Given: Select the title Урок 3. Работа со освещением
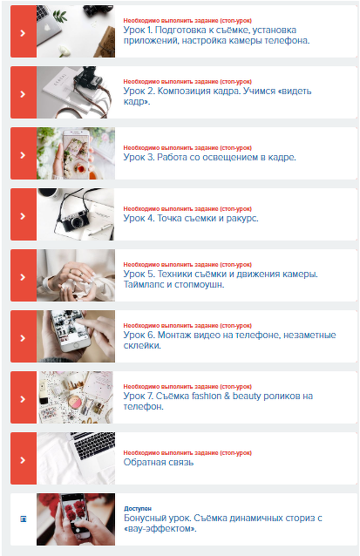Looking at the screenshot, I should (209, 158).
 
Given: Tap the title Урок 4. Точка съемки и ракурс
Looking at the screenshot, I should (191, 219).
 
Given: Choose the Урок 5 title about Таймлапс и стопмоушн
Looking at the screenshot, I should (220, 279).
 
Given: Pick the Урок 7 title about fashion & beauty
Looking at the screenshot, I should (217, 401).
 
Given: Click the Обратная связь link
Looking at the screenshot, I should (159, 463).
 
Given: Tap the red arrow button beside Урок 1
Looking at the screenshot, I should (23, 31).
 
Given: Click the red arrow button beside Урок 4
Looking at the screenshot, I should (23, 214).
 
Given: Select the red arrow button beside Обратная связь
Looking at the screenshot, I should (23, 458).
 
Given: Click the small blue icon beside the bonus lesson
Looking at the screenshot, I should (23, 519).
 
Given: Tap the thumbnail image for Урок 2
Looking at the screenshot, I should (76, 92).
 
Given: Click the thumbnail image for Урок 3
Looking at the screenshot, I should (76, 153).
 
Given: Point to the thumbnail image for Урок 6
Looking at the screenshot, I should (76, 336).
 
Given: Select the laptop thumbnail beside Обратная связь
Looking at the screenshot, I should (76, 458).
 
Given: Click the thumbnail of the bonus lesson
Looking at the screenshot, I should (76, 519).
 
